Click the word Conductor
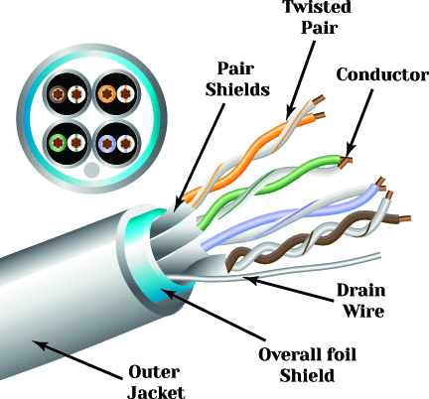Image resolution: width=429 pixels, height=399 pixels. [x=382, y=74]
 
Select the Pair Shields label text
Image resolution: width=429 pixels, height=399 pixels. [x=237, y=79]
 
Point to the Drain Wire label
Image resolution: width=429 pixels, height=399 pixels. [x=361, y=301]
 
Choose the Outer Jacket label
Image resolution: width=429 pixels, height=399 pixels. [x=156, y=381]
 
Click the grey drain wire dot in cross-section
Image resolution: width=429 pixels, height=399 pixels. [x=91, y=170]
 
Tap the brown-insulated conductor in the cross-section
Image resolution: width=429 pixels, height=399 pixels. [x=59, y=94]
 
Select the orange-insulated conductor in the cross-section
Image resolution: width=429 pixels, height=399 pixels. [x=107, y=94]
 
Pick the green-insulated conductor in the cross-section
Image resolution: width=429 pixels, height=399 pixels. [x=59, y=143]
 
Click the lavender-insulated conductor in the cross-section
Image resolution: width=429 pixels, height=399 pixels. [x=107, y=143]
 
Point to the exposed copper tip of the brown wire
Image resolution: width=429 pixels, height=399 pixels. [x=404, y=218]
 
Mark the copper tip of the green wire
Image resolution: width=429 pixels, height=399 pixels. [x=346, y=162]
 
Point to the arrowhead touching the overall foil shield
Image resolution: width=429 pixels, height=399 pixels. [x=167, y=294]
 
